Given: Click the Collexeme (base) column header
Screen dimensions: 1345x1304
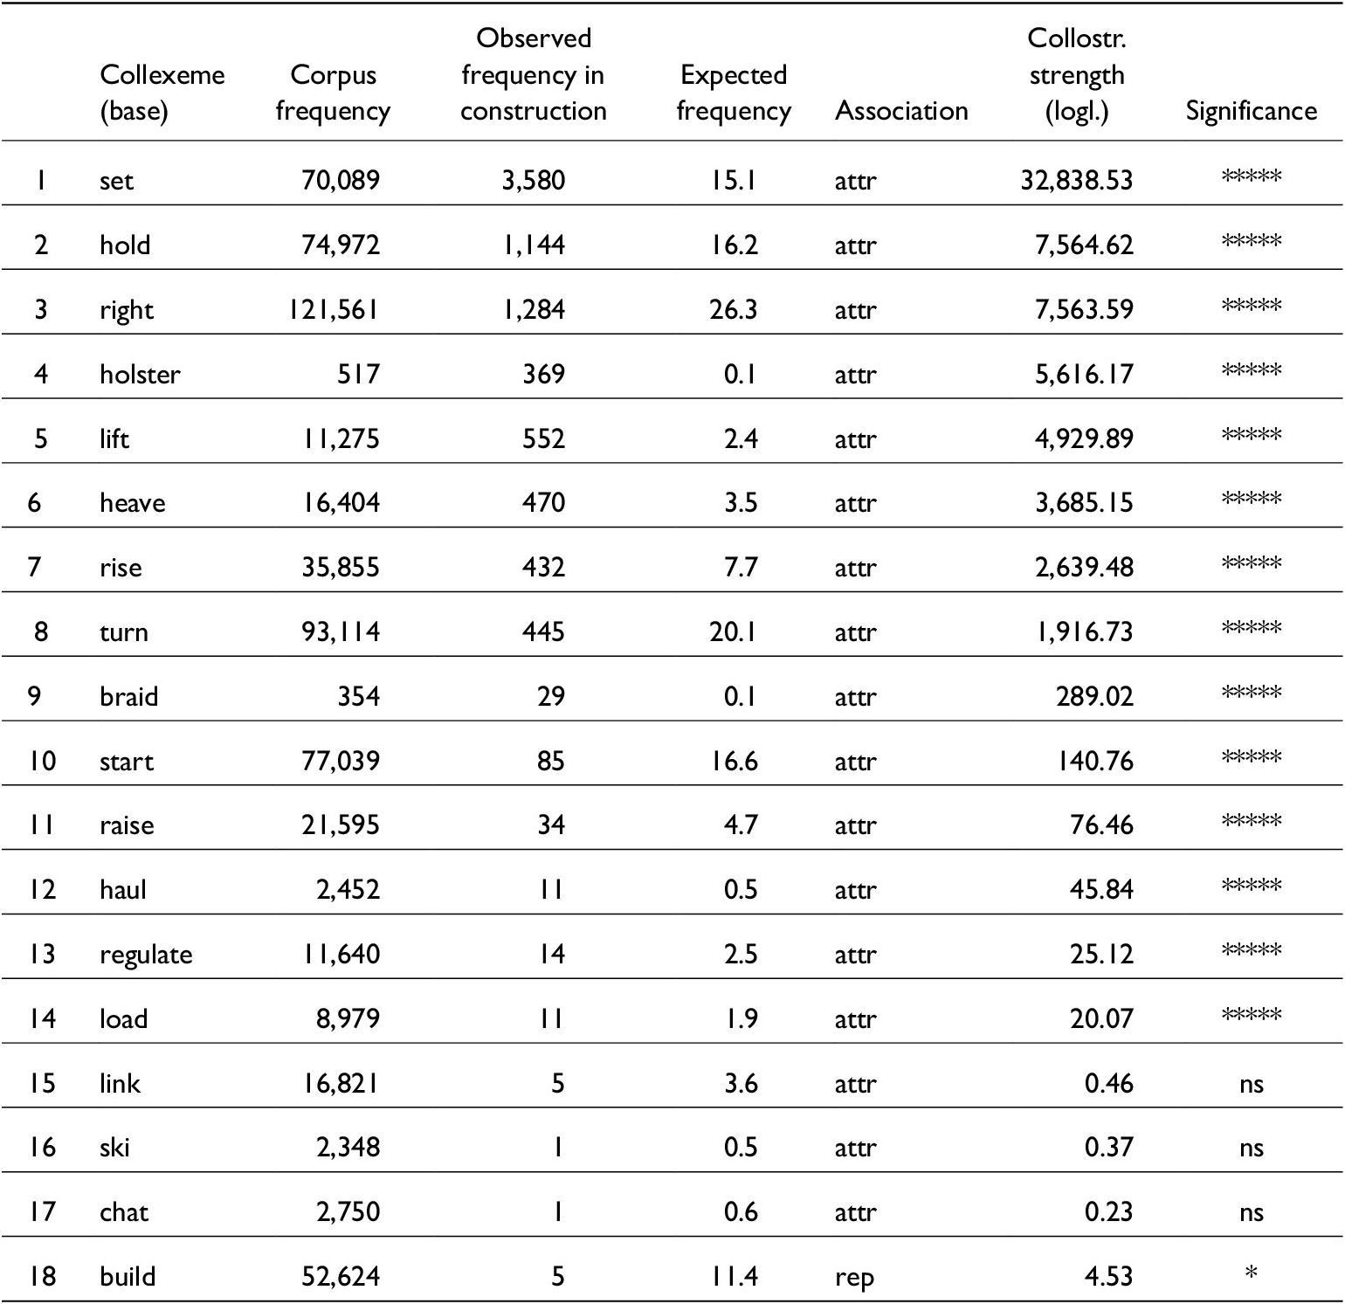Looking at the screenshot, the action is coord(162,93).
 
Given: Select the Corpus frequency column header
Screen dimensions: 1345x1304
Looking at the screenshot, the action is coord(333,93).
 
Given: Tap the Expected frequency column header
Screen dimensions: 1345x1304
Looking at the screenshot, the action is coord(734,93).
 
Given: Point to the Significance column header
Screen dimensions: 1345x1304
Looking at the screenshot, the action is coord(1251,111).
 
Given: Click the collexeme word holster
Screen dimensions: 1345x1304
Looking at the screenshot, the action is coord(140,374).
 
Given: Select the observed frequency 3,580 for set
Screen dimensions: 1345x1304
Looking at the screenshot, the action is coord(533,181).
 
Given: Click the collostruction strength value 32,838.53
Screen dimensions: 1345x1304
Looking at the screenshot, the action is coord(1076,181).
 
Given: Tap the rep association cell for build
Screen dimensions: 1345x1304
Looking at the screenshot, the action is coord(854,1278).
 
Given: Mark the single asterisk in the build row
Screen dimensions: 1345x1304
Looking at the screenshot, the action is coord(1251,1273).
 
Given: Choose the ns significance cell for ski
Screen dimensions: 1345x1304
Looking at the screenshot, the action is coord(1251,1148).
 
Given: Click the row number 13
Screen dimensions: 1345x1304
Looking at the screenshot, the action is coord(41,954).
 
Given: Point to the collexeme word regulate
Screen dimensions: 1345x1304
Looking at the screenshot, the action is coord(146,955).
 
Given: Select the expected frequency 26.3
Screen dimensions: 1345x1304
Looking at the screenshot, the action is coord(733,310).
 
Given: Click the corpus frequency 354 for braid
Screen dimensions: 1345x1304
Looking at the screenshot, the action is coord(358,696).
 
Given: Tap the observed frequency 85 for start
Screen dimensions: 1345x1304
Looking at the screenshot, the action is coord(550,761).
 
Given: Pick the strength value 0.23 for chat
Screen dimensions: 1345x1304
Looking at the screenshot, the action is coord(1108,1212).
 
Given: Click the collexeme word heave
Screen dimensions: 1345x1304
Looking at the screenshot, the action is coord(132,503).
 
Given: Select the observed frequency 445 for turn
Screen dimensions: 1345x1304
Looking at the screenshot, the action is coord(543,631).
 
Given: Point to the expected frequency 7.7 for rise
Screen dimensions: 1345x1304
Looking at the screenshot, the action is coord(740,568).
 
